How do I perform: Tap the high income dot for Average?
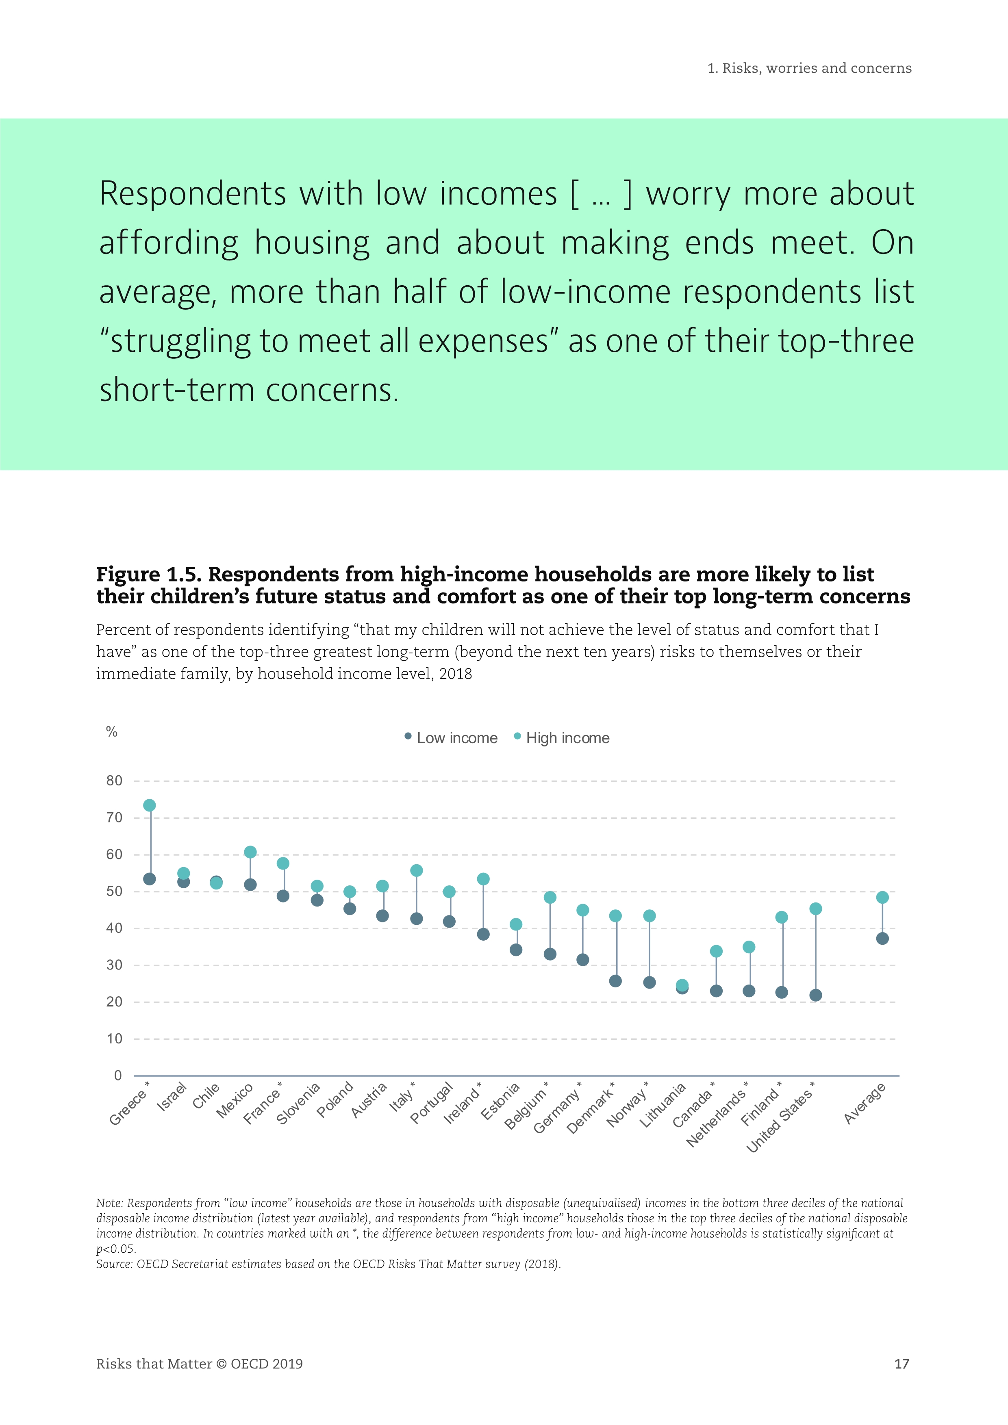click(x=882, y=898)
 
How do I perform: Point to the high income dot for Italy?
click(x=417, y=871)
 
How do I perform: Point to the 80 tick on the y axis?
click(x=114, y=781)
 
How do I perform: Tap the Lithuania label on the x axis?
click(x=663, y=1105)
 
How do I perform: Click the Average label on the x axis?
click(x=865, y=1104)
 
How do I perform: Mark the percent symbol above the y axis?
click(x=112, y=732)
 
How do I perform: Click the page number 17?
click(x=901, y=1364)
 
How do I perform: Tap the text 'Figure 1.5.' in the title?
click(x=149, y=575)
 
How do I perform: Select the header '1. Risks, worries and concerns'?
click(x=809, y=68)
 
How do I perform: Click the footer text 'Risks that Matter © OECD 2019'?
click(x=199, y=1364)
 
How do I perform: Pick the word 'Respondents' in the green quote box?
click(x=192, y=194)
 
